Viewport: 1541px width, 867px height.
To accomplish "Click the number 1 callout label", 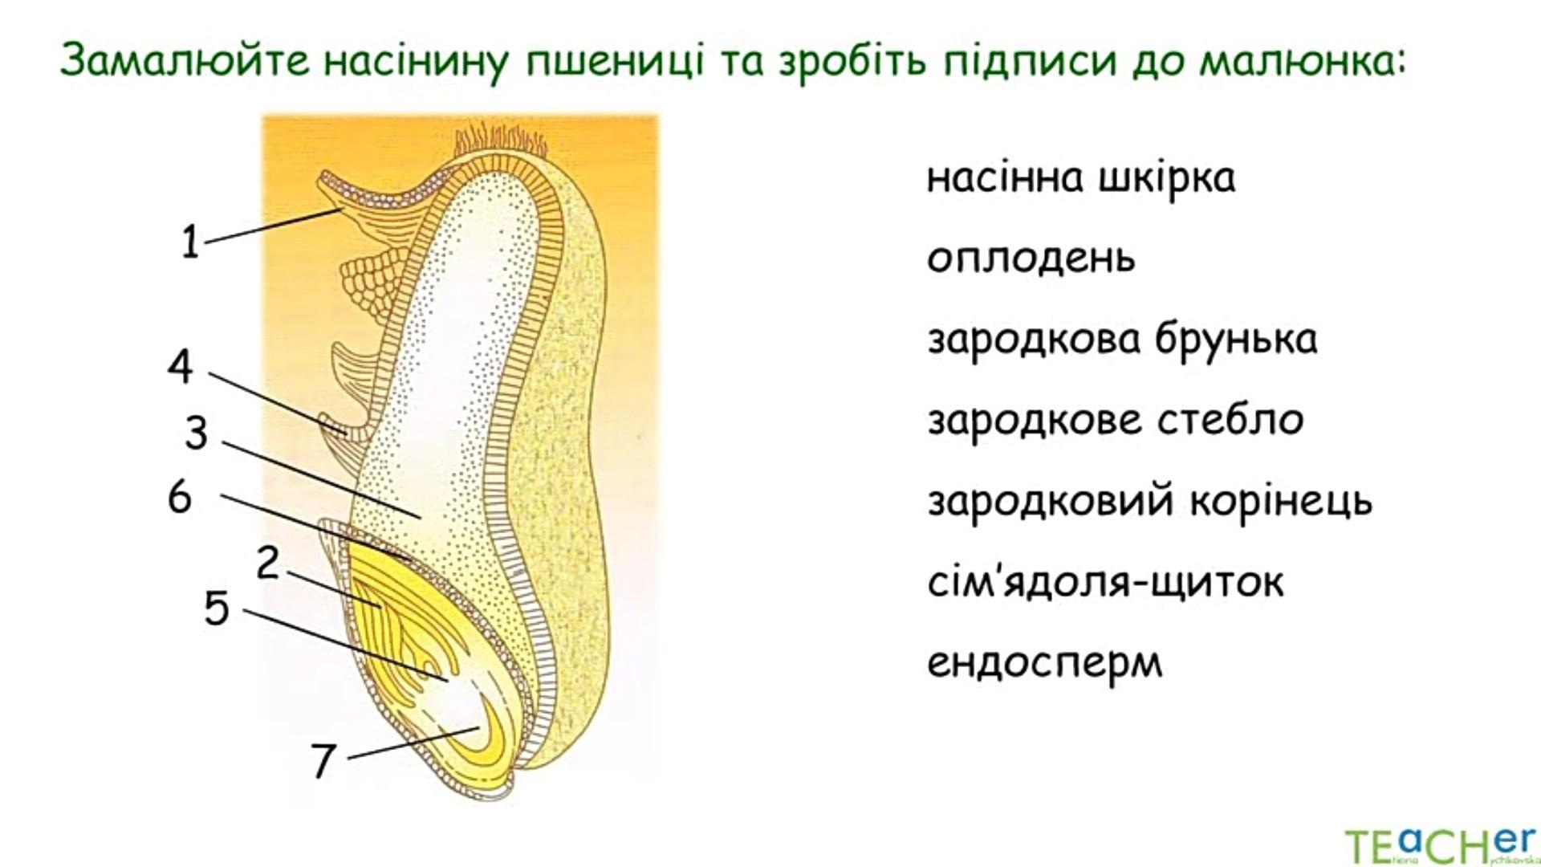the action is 189,242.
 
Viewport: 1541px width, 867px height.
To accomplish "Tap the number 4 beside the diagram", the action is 181,367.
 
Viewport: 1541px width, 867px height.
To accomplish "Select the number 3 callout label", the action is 196,433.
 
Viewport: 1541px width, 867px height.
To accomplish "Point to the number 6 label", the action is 180,497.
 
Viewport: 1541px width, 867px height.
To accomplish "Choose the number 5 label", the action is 217,608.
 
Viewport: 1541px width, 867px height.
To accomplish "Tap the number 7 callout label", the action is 323,760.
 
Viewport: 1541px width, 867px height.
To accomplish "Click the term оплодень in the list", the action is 1031,258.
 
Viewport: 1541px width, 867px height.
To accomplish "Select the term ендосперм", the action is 1045,664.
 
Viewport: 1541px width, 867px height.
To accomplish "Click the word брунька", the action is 1236,340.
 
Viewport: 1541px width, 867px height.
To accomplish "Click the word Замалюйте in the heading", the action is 184,61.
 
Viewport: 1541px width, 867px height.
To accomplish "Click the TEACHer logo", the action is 1442,844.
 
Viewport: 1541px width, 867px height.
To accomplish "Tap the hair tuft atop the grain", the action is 501,139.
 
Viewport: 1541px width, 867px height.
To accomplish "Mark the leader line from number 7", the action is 413,743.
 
